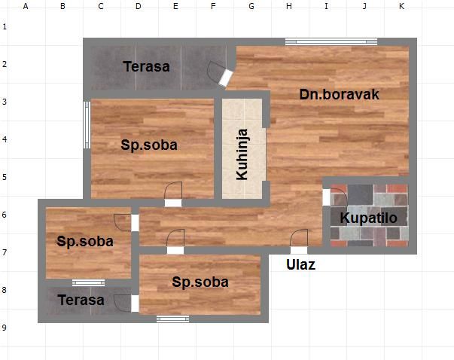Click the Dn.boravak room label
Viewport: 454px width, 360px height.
pos(339,94)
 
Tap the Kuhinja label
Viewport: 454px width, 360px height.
pos(242,154)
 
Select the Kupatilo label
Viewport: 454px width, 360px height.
pos(369,218)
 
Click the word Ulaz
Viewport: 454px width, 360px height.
pos(301,264)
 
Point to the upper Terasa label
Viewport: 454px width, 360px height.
pos(147,66)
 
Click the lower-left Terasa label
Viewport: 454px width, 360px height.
pos(81,300)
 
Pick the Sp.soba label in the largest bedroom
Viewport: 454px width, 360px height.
pos(149,145)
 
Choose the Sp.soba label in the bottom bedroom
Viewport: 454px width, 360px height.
pos(200,282)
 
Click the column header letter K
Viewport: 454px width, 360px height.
pos(401,6)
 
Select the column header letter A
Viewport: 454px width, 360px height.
pos(26,6)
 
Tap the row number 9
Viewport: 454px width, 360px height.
pos(5,328)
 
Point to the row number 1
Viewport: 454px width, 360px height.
pos(5,26)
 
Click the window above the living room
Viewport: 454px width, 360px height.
pos(331,41)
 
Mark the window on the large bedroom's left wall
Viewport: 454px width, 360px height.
pos(87,125)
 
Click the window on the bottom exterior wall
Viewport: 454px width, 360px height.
pos(173,319)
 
